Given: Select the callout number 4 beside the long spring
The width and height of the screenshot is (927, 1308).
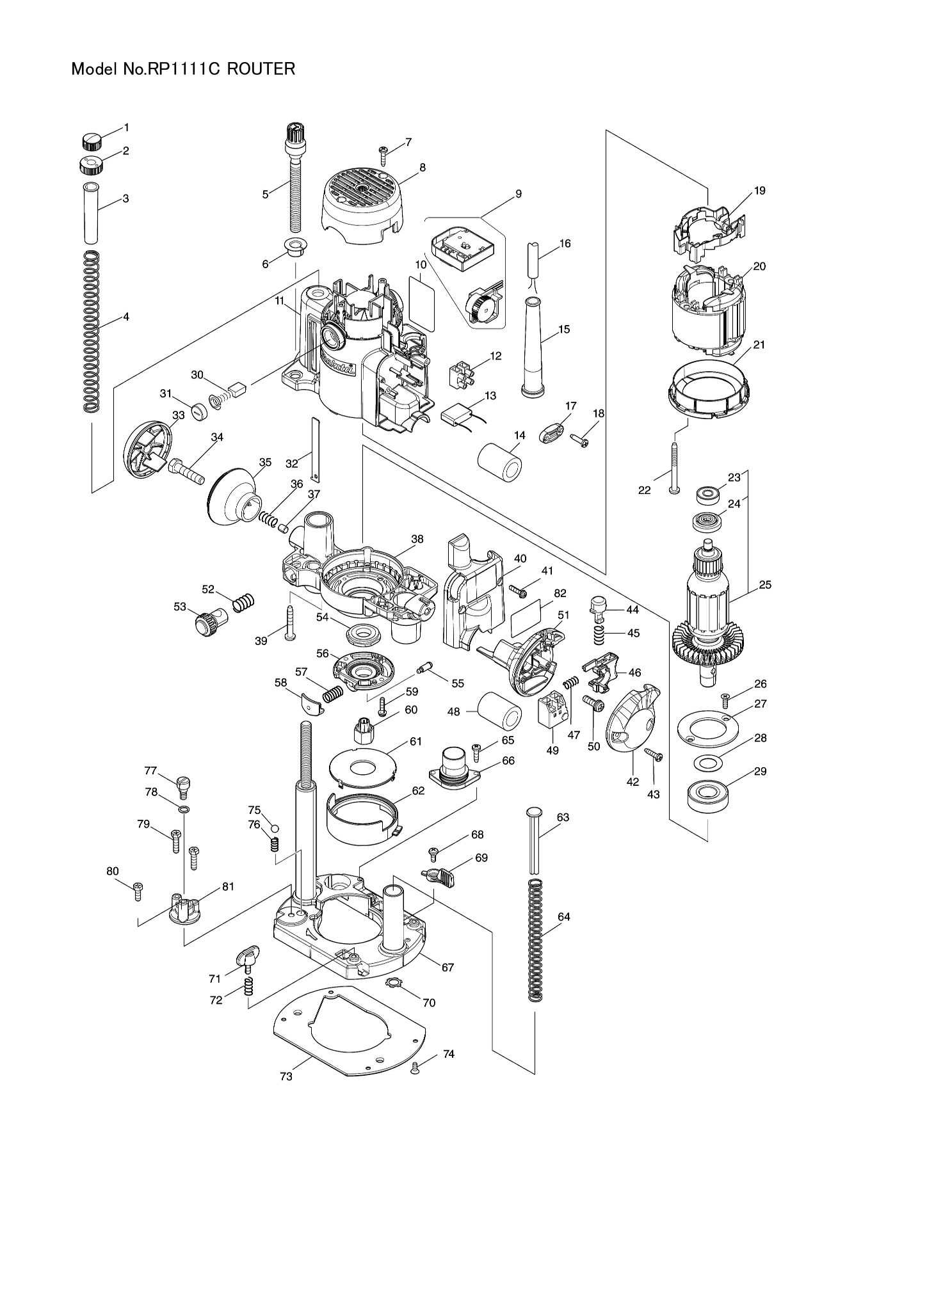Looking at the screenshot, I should (x=126, y=316).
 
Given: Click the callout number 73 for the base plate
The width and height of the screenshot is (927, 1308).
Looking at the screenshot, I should (x=286, y=1076).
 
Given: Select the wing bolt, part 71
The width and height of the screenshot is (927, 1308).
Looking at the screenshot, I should (x=248, y=959).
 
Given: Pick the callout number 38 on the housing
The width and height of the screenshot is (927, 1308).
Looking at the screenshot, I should (x=417, y=539).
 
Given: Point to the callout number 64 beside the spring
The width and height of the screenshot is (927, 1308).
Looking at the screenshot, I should (x=563, y=916).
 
